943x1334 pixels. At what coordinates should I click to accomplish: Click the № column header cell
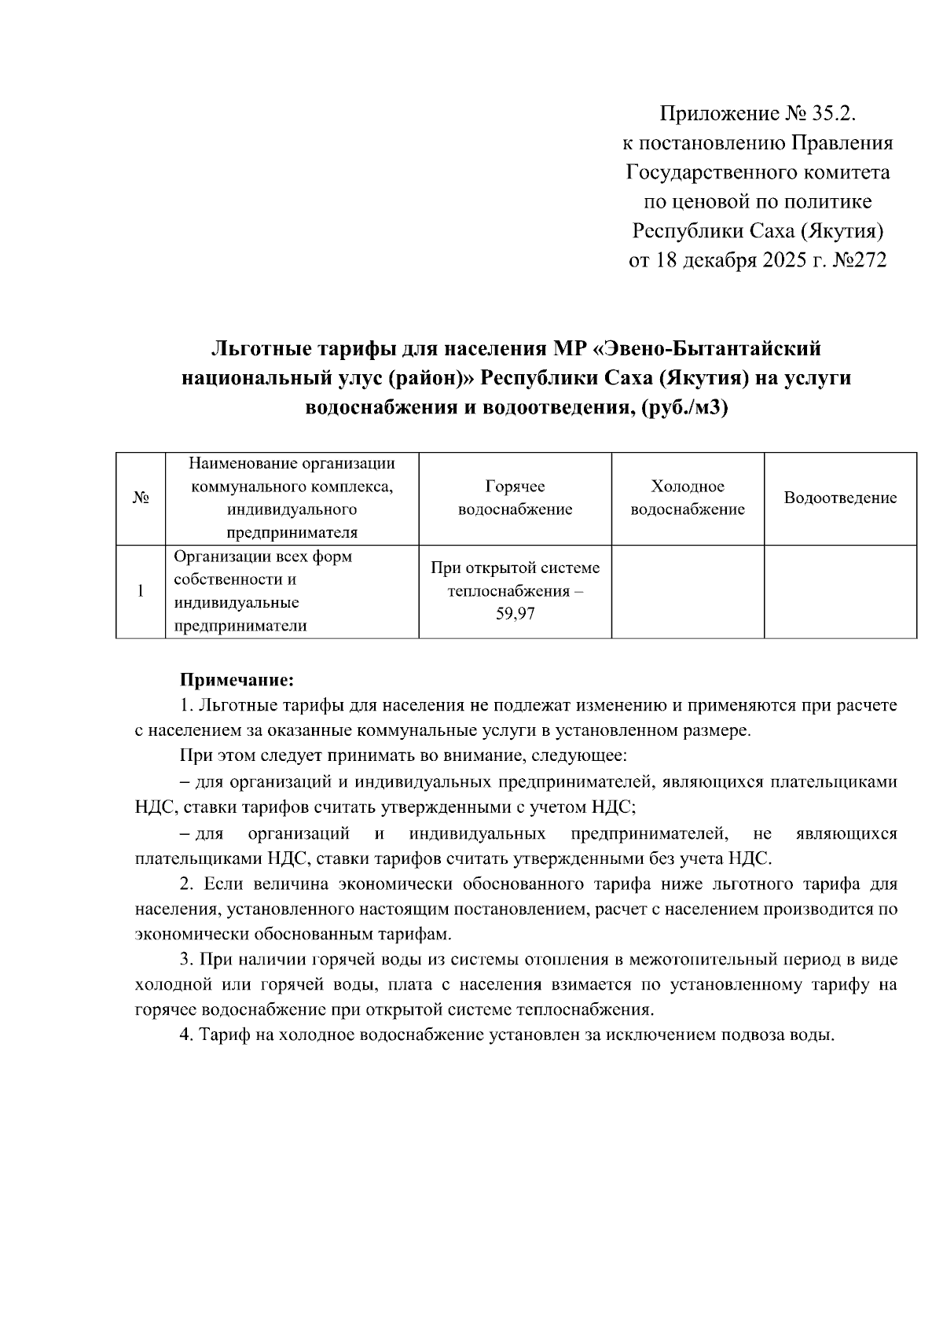point(141,498)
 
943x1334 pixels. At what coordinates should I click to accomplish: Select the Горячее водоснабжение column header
point(515,498)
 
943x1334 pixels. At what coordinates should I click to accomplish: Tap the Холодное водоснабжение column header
point(688,498)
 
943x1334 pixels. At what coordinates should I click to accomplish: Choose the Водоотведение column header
point(840,498)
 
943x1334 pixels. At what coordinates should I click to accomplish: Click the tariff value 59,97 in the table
point(515,614)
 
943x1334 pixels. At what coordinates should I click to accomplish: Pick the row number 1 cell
point(141,591)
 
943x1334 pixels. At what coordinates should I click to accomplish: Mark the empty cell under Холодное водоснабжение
point(688,591)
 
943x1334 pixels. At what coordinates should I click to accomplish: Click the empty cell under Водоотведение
point(840,591)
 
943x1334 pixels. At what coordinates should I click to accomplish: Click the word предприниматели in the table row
point(240,626)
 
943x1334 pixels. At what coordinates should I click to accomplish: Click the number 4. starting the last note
point(186,1034)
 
